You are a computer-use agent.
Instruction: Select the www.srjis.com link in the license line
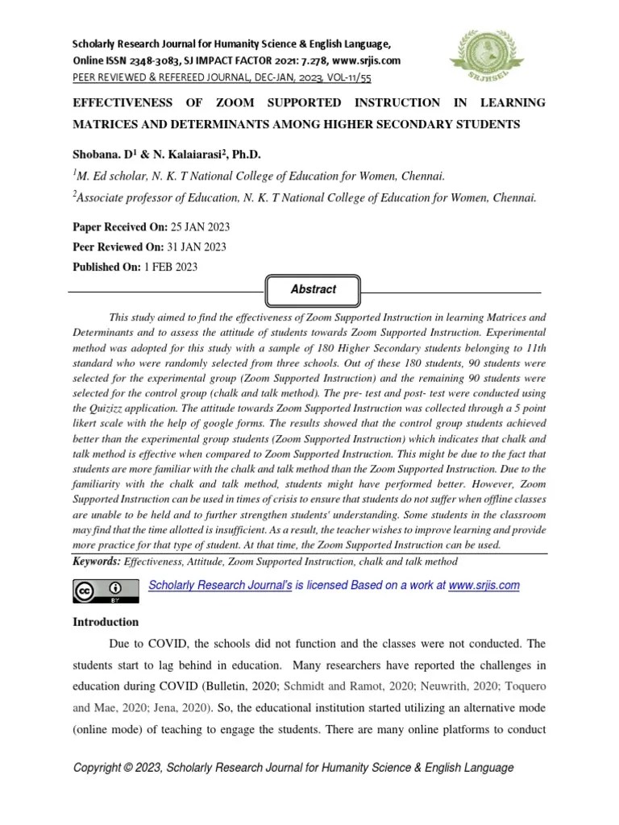tap(484, 586)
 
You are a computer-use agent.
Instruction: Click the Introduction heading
tap(106, 622)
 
